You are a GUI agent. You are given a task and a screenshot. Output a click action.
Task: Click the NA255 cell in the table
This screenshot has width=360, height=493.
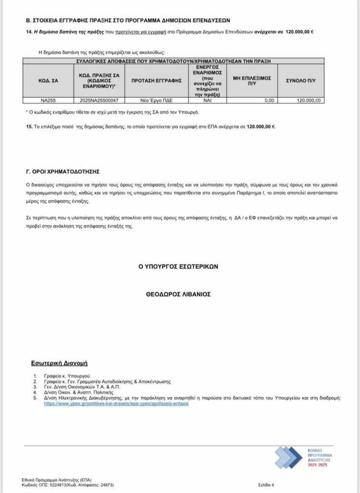tap(48, 100)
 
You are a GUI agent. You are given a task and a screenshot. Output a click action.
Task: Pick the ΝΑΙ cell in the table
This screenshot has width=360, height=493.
tap(207, 100)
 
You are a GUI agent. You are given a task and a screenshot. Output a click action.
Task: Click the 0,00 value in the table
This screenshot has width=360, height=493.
tap(269, 100)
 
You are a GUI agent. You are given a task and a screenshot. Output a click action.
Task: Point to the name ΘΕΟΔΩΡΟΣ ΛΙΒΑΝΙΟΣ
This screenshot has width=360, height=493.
tap(179, 294)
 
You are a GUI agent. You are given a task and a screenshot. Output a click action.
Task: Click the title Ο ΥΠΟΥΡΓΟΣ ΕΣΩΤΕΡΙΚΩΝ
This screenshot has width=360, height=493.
tap(179, 266)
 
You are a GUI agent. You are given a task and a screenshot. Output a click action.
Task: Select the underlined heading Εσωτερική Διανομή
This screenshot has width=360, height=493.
tap(59, 363)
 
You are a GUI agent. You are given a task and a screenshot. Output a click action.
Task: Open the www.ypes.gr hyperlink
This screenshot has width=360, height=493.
tap(116, 404)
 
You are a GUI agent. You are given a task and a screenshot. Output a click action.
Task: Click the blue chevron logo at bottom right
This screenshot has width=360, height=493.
tap(288, 458)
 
